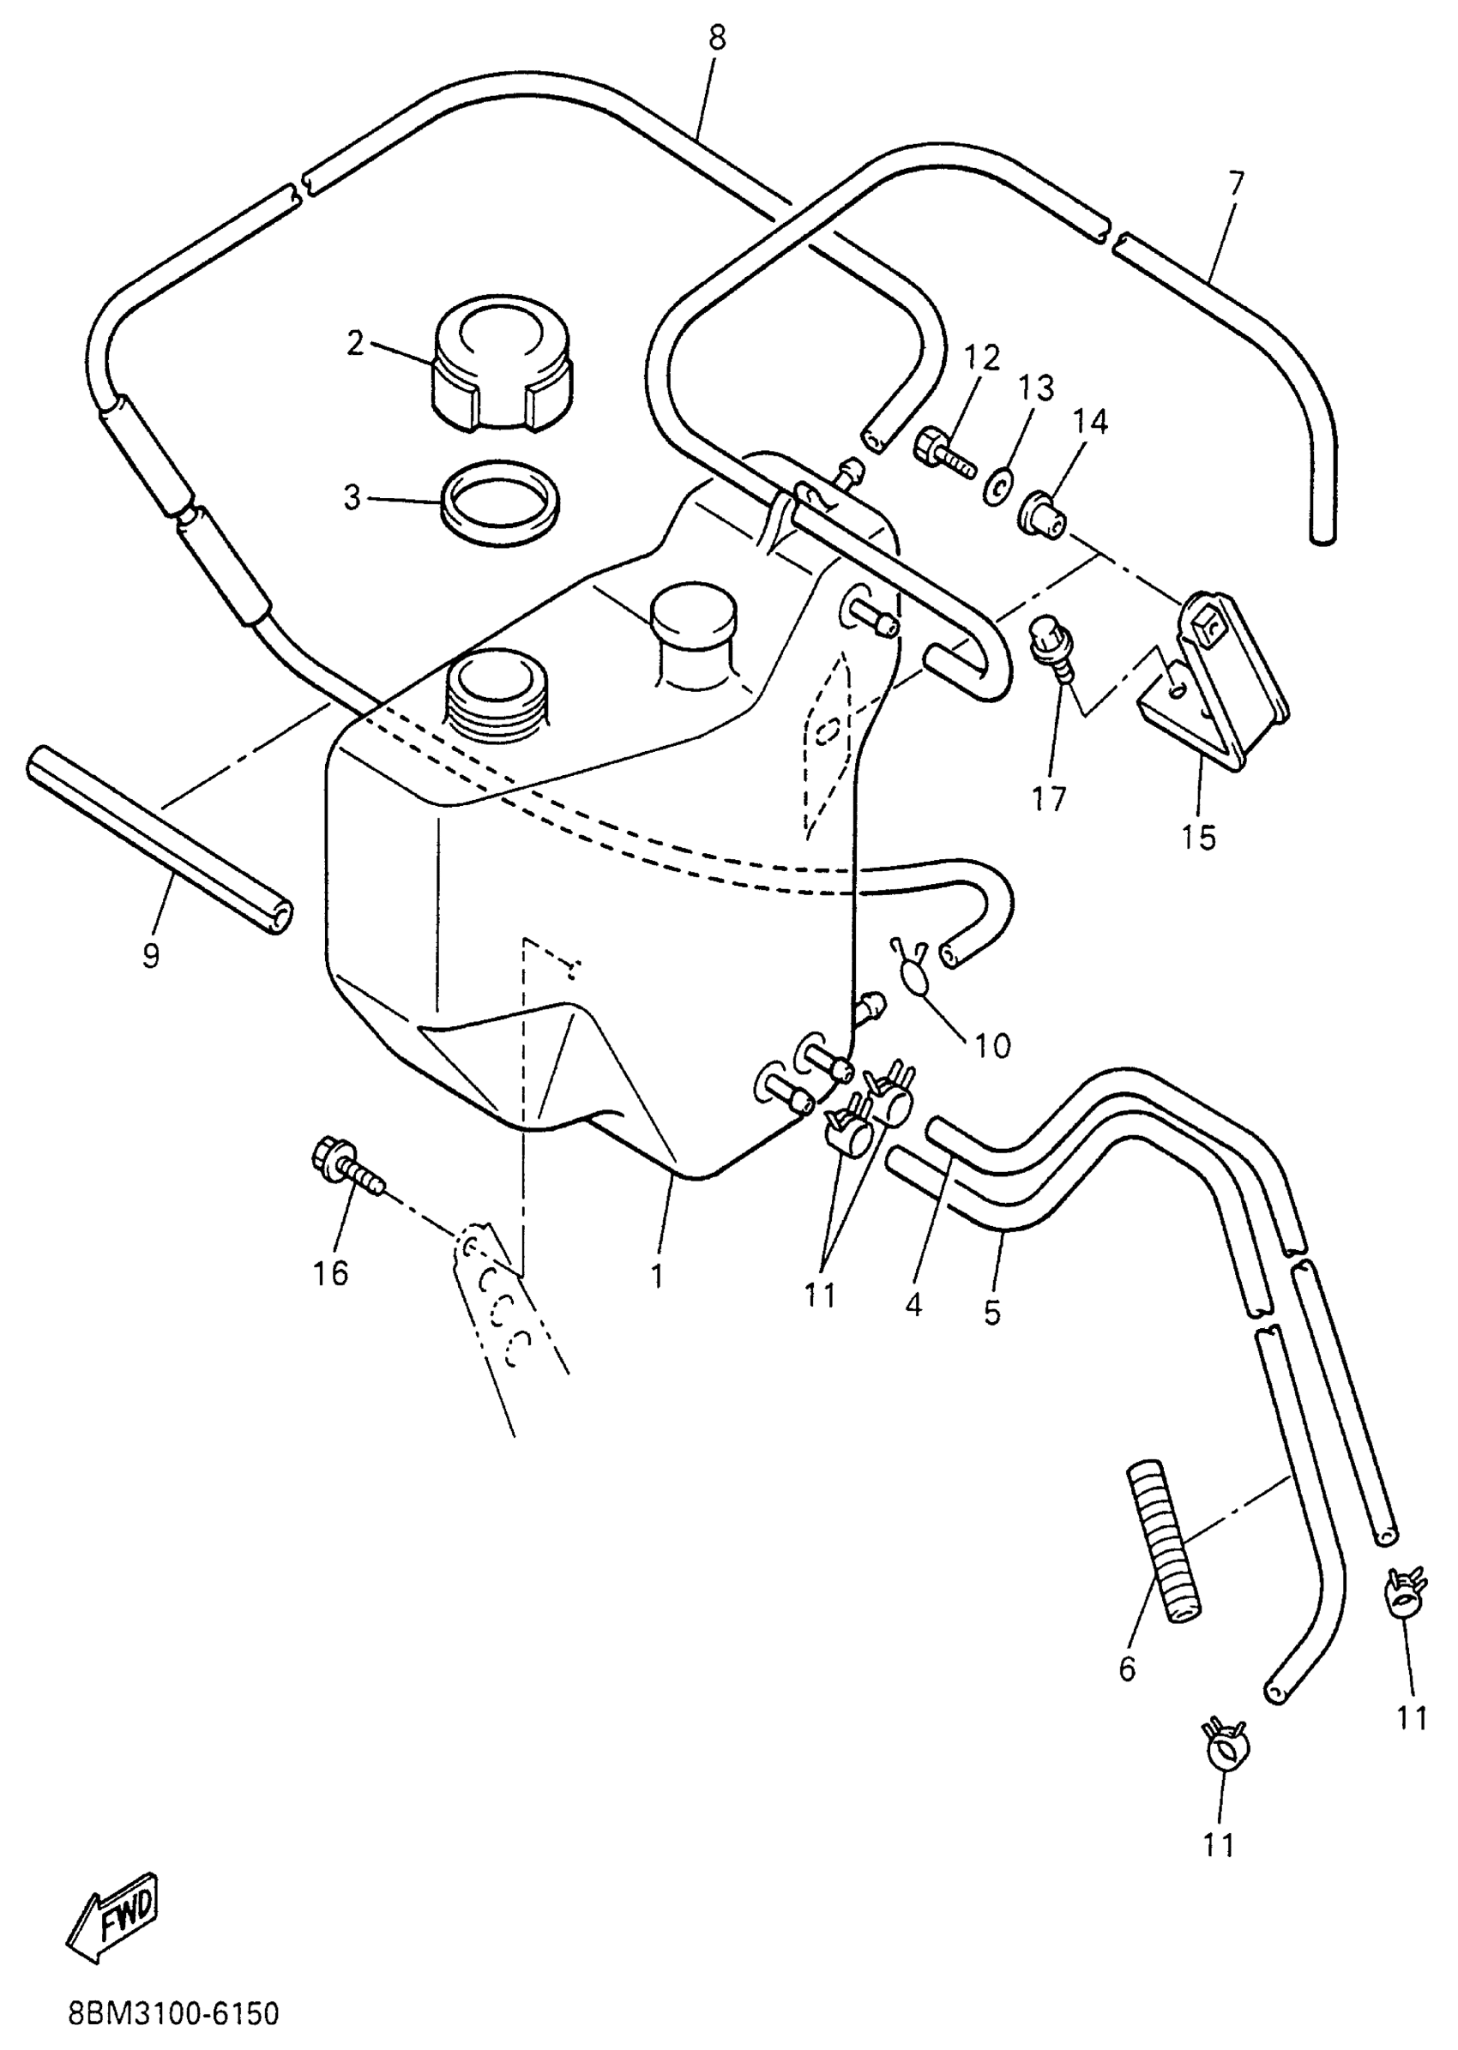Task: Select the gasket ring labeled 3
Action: (x=500, y=503)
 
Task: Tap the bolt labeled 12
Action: (x=943, y=454)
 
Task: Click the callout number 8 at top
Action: (x=715, y=39)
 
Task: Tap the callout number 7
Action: (x=1235, y=184)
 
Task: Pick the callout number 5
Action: (x=991, y=1312)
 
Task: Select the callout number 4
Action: (x=914, y=1304)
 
